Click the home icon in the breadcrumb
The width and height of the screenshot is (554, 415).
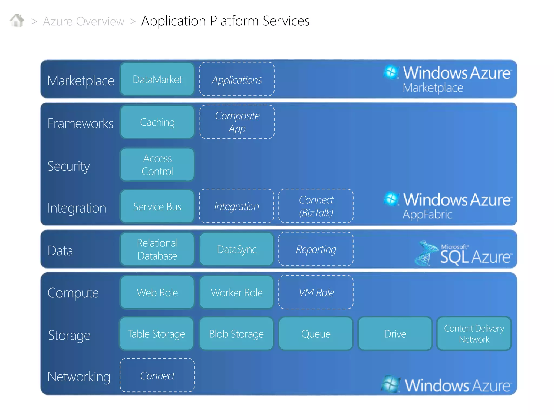(17, 21)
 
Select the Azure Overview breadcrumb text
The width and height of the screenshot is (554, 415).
(84, 21)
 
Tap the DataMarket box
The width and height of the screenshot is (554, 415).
(157, 79)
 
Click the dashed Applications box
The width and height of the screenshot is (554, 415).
(237, 79)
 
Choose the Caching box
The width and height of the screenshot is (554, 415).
(157, 122)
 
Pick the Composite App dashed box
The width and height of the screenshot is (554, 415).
(237, 122)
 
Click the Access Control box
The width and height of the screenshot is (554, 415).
(157, 165)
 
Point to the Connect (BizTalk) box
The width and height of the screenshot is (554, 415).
(316, 206)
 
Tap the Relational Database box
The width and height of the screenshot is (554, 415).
(157, 249)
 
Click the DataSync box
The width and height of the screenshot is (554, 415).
(237, 249)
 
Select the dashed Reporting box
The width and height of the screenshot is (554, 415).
(316, 249)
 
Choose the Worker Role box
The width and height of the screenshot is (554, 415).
(237, 293)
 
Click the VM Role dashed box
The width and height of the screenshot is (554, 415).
(316, 293)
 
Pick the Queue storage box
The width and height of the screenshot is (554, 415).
(316, 334)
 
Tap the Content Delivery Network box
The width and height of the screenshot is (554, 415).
(474, 334)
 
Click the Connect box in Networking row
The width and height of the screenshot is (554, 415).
(157, 376)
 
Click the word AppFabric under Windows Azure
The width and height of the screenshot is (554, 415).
(427, 215)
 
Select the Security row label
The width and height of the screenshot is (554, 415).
(69, 166)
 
